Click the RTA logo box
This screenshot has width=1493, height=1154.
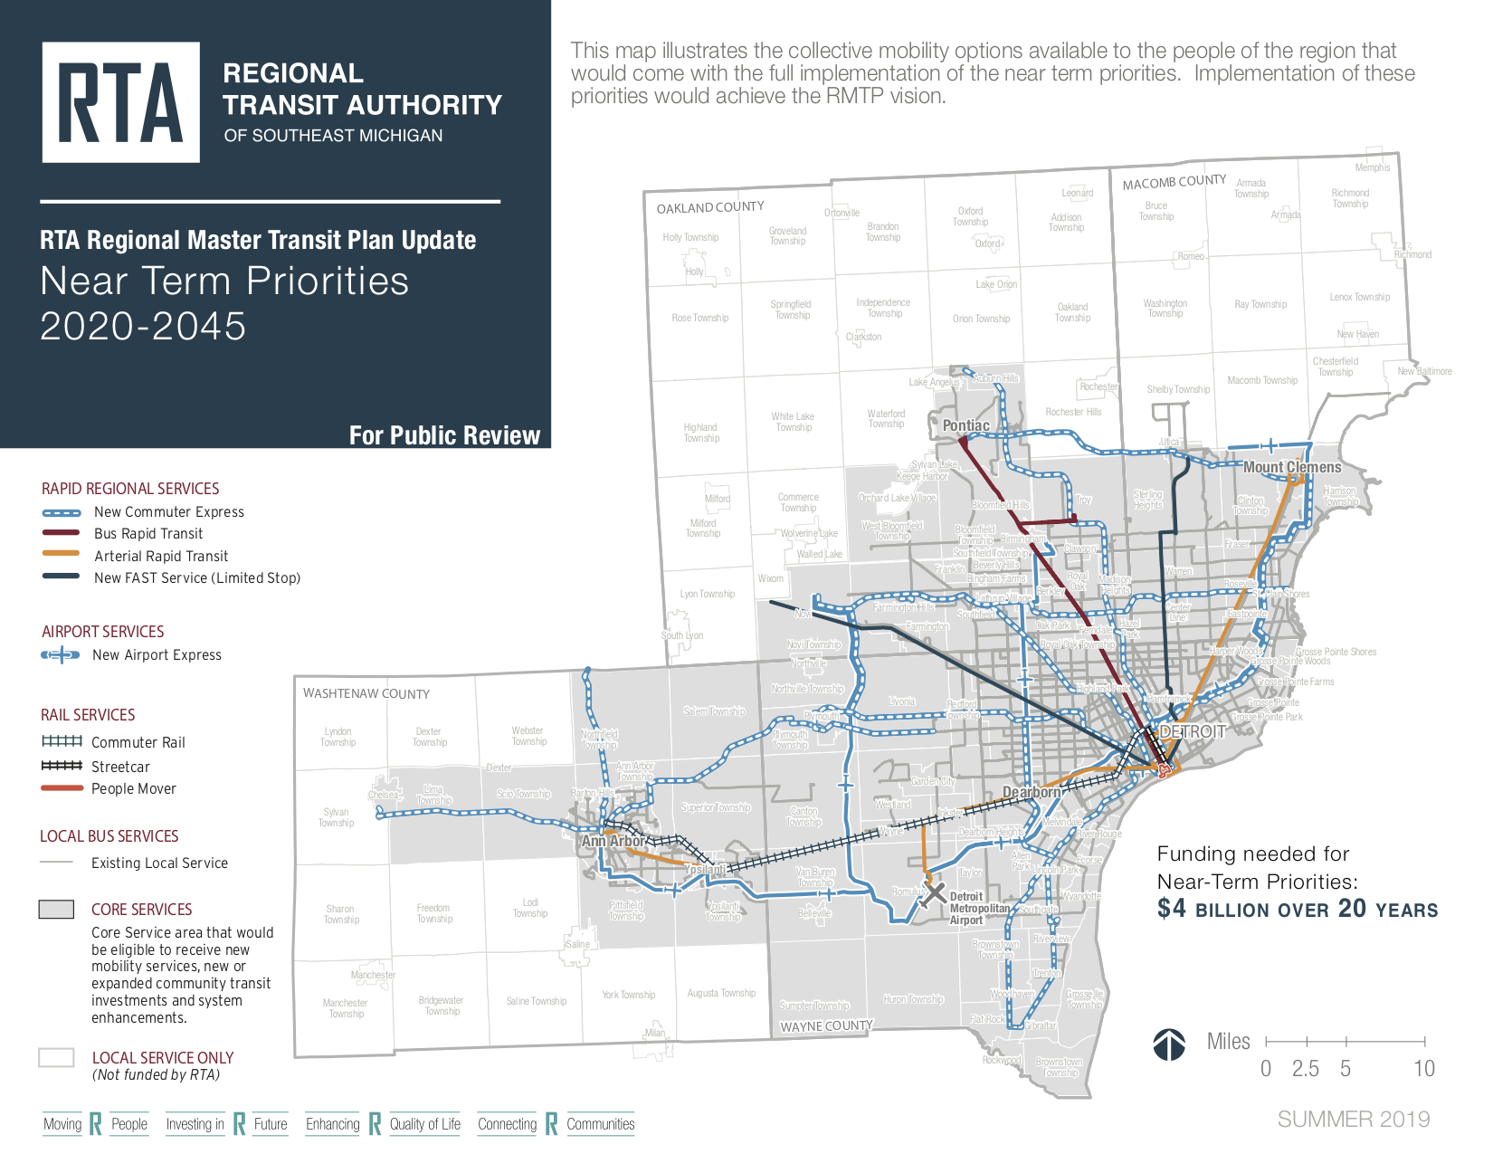click(120, 102)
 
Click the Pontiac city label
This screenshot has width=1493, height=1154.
click(965, 425)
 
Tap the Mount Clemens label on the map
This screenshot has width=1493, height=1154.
click(1291, 467)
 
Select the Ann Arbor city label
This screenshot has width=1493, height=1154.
click(613, 841)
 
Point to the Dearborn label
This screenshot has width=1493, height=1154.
click(1031, 792)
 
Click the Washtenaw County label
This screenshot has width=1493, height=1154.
click(366, 694)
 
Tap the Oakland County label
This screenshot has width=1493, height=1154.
click(710, 207)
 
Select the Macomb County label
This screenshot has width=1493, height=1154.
click(1174, 182)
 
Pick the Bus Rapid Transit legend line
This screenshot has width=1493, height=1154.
click(61, 533)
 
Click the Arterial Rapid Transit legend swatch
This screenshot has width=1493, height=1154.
click(61, 555)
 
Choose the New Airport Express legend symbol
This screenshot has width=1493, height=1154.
click(61, 654)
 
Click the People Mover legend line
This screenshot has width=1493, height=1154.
click(61, 788)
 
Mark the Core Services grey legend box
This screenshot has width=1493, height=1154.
click(56, 910)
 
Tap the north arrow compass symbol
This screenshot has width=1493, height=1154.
click(1169, 1044)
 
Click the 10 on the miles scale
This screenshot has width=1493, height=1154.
click(1424, 1069)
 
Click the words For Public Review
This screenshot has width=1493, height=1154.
click(444, 435)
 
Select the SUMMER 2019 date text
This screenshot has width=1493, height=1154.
click(1353, 1120)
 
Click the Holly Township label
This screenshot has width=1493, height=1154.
click(690, 237)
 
